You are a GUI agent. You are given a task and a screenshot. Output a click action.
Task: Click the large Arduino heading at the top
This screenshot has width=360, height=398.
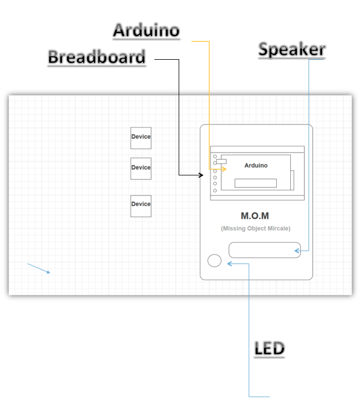click(146, 30)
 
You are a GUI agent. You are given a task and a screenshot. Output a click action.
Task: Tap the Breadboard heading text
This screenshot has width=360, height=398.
click(97, 57)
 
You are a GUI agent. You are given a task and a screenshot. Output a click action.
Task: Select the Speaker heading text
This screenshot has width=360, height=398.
click(291, 50)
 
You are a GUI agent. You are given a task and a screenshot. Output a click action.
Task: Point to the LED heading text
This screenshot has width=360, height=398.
click(270, 348)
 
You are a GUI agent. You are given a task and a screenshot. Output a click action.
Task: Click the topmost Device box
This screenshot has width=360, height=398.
click(141, 137)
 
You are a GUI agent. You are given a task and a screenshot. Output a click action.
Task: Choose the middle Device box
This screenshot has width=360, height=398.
click(141, 168)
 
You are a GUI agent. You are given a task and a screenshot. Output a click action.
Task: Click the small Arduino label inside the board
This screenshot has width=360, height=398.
click(256, 165)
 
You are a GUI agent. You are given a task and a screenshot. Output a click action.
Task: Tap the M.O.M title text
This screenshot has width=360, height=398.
click(255, 216)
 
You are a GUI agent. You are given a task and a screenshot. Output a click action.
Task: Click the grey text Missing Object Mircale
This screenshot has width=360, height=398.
click(255, 228)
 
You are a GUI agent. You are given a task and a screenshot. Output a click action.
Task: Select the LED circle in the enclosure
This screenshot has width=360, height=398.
click(214, 261)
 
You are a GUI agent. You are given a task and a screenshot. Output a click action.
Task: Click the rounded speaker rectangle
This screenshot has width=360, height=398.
click(265, 250)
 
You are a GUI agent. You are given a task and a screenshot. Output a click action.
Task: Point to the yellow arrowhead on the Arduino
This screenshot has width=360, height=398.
click(224, 168)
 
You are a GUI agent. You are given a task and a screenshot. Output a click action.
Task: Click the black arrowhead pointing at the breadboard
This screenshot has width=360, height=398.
click(201, 175)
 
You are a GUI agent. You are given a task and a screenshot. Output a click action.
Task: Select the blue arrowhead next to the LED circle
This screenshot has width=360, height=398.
click(229, 263)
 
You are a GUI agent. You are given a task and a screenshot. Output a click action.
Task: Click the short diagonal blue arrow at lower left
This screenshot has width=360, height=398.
click(39, 268)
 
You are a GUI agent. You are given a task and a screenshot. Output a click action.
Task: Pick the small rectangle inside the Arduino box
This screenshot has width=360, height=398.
click(255, 183)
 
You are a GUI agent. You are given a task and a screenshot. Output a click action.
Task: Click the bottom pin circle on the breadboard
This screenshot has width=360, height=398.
click(215, 190)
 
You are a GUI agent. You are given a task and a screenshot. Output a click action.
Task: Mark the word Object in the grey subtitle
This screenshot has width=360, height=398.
click(257, 228)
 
